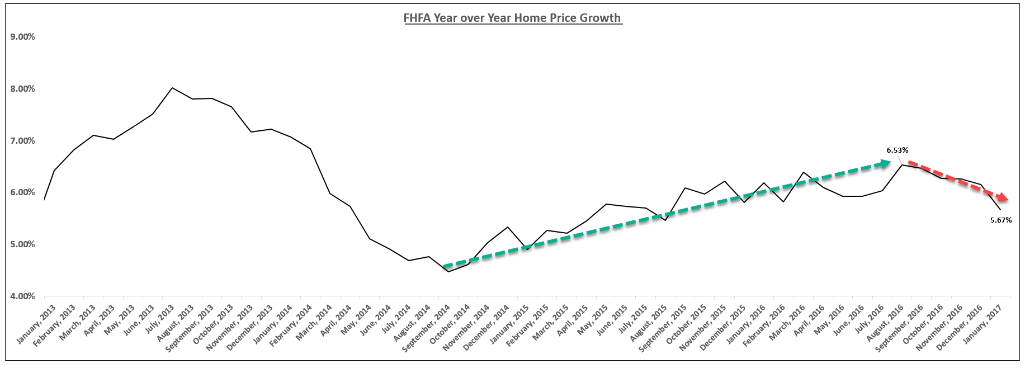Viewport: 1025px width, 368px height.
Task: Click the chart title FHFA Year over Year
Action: point(512,18)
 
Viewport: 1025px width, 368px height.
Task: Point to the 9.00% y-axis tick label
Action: point(22,37)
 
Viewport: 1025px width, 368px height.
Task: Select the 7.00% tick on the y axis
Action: point(22,141)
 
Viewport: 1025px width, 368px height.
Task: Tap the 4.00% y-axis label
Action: point(22,296)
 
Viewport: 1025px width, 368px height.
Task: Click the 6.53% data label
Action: point(897,150)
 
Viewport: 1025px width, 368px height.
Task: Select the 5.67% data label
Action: point(1000,220)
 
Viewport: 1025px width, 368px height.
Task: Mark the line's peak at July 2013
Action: point(172,88)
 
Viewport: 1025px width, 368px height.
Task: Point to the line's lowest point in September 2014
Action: point(448,272)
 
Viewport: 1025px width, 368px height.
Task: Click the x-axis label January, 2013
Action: point(36,324)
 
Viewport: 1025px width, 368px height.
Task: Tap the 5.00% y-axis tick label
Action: point(22,244)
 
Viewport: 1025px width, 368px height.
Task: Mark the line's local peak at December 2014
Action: point(507,227)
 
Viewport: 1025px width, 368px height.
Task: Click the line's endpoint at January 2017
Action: point(1000,210)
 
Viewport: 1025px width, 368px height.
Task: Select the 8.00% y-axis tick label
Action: point(22,89)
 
